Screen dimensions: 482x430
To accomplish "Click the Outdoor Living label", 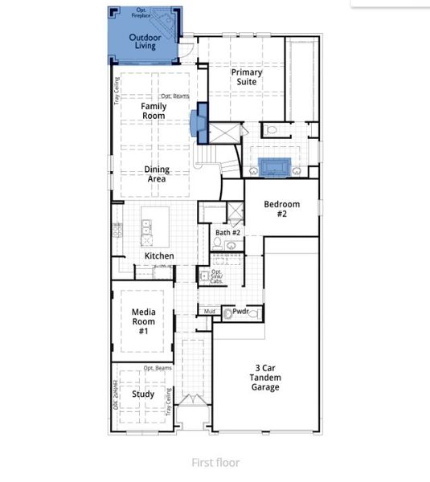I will click(145, 42).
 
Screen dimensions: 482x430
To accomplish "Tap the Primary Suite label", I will click(247, 77).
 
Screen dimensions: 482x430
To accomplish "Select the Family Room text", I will click(153, 111).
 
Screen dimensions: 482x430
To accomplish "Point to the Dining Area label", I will click(156, 174).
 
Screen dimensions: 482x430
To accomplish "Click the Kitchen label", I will click(159, 256).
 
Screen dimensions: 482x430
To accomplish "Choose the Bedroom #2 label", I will click(281, 210).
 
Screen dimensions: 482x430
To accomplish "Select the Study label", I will click(143, 394).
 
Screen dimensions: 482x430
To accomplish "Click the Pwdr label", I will click(240, 311).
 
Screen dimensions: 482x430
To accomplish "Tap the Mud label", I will click(209, 311).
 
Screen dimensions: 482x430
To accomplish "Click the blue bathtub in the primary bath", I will click(272, 167).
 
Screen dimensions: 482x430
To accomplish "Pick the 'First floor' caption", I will click(215, 462).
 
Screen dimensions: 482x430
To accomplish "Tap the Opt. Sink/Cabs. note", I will click(217, 277).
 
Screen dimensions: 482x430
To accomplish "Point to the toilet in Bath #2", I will click(218, 242).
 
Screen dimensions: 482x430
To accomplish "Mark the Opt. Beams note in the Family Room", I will click(174, 96).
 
